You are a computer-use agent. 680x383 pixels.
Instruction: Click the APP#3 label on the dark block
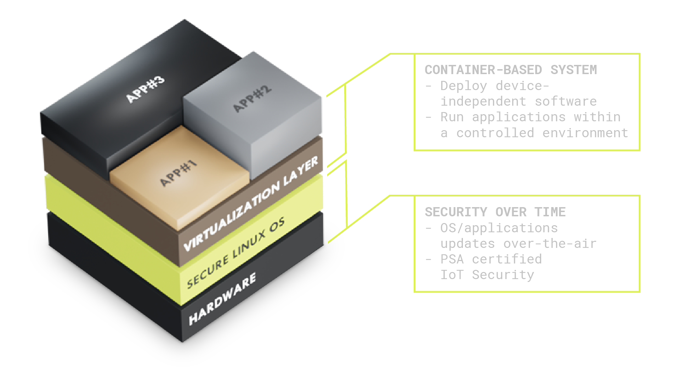point(146,89)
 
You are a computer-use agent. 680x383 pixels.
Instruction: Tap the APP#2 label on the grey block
point(252,99)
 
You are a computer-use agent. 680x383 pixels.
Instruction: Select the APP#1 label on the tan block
point(178,173)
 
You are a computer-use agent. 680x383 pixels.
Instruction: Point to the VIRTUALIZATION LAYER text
point(251,204)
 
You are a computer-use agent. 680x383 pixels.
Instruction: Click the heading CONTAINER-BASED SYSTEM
point(511,70)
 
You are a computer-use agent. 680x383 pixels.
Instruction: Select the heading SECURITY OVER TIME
point(495,212)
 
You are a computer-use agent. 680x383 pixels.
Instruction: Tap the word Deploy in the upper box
point(464,86)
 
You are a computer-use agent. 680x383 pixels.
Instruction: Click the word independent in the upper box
point(483,101)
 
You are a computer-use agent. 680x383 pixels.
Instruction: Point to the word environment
point(585,133)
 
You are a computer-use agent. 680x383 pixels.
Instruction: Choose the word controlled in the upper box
point(495,133)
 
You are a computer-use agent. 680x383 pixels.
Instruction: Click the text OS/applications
point(499,228)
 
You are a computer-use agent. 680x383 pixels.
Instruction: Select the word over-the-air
point(550,244)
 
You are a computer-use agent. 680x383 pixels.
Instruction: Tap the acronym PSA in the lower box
point(452,259)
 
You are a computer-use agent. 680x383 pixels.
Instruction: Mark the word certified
point(507,259)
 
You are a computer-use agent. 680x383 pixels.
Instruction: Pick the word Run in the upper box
point(452,117)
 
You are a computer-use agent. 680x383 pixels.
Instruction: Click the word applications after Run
point(518,117)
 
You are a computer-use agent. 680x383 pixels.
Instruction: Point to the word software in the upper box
point(566,101)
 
